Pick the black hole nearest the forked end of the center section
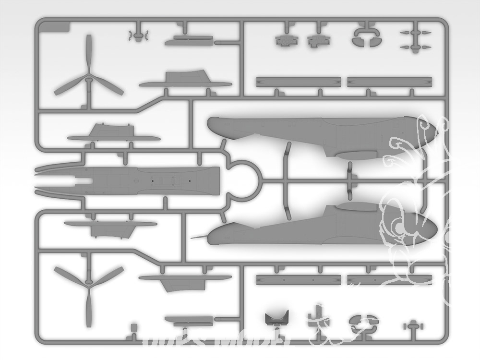152,180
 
